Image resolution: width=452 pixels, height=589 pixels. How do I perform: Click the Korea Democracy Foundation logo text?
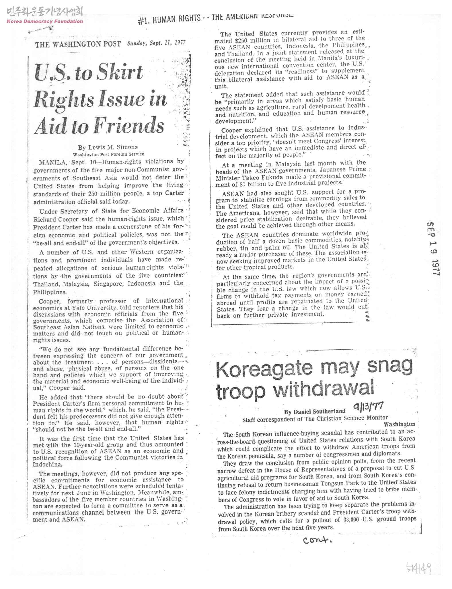coord(44,21)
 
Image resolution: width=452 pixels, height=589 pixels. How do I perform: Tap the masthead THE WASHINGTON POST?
coord(78,44)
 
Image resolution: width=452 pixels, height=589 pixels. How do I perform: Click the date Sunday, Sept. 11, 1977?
coord(156,43)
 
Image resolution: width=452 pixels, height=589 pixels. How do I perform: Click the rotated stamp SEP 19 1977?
coord(433,248)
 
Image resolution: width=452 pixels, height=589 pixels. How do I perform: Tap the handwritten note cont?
coord(317,541)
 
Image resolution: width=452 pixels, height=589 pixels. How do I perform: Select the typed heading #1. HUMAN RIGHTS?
coord(169,19)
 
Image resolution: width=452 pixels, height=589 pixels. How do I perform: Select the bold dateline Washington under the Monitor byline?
coord(399,424)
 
